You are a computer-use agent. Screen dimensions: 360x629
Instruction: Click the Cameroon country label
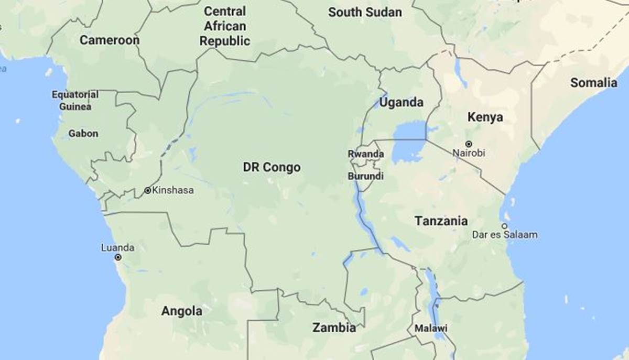[110, 40]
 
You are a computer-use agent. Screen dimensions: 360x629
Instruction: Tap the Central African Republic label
[225, 26]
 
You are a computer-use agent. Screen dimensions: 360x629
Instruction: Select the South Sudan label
[365, 13]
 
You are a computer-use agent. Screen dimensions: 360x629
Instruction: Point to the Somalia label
[594, 83]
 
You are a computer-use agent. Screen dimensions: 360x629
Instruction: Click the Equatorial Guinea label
[75, 101]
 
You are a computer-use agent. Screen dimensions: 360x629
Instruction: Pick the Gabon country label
[83, 134]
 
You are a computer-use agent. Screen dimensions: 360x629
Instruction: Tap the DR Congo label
[272, 168]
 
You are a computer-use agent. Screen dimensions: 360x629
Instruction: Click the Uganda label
[402, 103]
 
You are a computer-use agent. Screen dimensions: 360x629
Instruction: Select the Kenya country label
[485, 117]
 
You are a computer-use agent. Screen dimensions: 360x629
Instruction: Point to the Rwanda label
[366, 155]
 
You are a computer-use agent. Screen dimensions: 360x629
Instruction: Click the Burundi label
[365, 177]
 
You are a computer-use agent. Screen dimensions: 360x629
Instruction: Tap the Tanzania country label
[441, 221]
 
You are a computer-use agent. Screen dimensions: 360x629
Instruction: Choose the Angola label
[181, 311]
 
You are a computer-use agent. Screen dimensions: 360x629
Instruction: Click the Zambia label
[334, 328]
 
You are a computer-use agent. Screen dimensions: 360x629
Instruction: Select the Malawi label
[431, 329]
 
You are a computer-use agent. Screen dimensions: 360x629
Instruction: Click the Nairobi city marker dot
[469, 144]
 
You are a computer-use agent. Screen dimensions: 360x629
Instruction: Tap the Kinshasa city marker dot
[148, 191]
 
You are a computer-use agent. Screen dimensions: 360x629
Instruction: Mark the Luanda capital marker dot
[118, 257]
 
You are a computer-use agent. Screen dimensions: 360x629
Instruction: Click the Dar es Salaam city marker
[504, 226]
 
